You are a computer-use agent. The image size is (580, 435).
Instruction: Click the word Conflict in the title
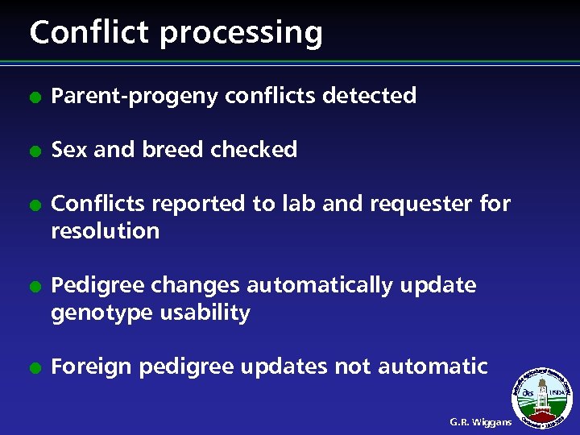tap(89, 32)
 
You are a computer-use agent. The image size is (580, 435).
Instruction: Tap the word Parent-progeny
tap(135, 97)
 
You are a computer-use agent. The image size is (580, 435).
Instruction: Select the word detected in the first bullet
tap(369, 96)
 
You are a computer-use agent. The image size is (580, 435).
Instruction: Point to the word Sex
tap(69, 150)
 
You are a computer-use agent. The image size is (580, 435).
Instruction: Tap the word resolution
tap(105, 231)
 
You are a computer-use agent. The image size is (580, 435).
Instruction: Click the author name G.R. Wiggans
tap(480, 422)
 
